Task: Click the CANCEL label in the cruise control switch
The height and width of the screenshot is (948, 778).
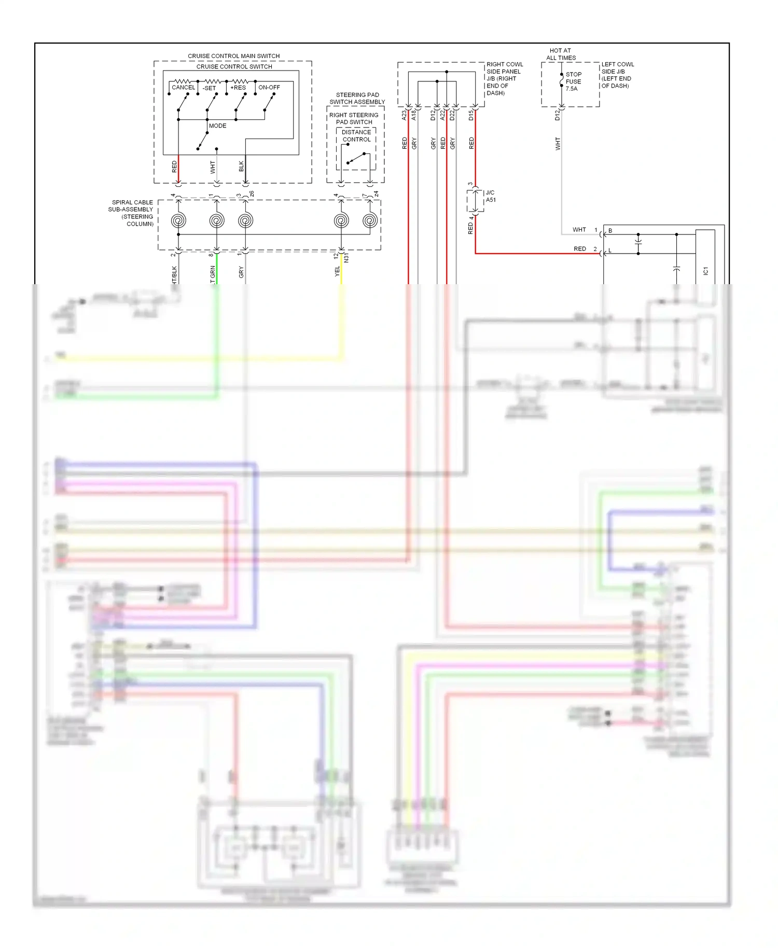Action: [183, 88]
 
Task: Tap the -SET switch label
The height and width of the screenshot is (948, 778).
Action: [210, 88]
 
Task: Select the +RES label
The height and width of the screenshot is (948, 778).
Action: [238, 88]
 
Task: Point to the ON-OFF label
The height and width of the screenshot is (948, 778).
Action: [269, 88]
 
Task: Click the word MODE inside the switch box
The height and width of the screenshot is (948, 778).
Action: [217, 126]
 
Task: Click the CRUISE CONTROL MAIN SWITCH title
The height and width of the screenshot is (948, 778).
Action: [233, 56]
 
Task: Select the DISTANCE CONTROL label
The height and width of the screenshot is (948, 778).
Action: [356, 136]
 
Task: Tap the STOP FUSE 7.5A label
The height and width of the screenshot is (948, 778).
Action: [573, 81]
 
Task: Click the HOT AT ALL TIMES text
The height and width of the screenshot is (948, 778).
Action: [561, 54]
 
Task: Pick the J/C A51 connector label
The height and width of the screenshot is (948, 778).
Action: [490, 196]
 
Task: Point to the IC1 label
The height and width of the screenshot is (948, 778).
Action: [705, 271]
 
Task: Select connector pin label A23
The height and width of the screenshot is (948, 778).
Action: [404, 115]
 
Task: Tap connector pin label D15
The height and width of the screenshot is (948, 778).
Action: [471, 115]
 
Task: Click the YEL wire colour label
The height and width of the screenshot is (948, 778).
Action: [337, 271]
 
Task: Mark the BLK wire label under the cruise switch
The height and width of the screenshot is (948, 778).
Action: [241, 166]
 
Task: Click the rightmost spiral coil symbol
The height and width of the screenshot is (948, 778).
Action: [370, 221]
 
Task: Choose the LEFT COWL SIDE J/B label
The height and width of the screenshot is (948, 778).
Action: [617, 75]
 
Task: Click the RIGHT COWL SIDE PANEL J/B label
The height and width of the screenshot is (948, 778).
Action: [504, 79]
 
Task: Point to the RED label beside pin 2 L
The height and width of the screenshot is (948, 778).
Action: [579, 249]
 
